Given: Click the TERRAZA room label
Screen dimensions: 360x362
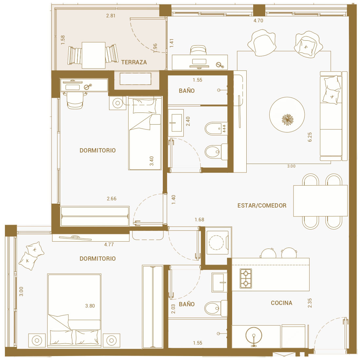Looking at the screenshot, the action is click(x=134, y=62).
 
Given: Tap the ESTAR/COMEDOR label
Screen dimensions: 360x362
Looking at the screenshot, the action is click(x=262, y=206).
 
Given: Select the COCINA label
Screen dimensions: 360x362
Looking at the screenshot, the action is click(x=282, y=303).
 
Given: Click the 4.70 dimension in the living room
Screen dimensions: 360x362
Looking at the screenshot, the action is click(x=258, y=21).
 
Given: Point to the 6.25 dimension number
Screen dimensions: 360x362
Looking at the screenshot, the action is click(x=310, y=137).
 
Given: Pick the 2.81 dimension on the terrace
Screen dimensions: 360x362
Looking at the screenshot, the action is click(x=111, y=16).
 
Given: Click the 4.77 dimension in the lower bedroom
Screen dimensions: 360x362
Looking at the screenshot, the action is click(x=109, y=245).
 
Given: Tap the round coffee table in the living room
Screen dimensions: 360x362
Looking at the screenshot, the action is click(x=287, y=114).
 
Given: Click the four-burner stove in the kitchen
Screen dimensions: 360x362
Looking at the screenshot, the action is click(x=246, y=278).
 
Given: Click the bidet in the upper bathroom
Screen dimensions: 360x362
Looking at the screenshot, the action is click(x=216, y=129).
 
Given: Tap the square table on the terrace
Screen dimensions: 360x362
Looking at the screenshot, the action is click(x=94, y=55).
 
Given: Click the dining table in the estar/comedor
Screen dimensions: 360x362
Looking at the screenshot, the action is click(x=320, y=201).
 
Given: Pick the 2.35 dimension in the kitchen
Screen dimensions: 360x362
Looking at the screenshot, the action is click(x=310, y=303).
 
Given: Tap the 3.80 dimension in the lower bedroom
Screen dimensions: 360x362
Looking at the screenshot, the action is click(x=90, y=306).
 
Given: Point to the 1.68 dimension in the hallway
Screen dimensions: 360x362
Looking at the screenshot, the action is click(x=199, y=220).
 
